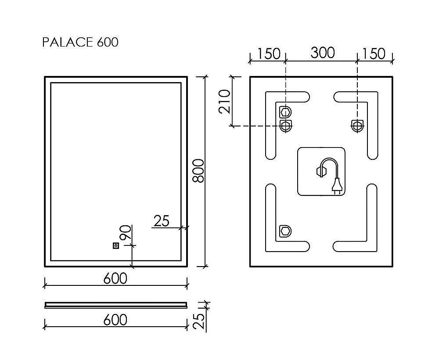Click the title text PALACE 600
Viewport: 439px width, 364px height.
[x=80, y=42]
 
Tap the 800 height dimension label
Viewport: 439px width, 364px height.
[x=199, y=171]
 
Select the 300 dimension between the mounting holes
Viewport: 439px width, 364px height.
[x=323, y=53]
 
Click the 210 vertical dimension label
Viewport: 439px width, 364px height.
[x=225, y=101]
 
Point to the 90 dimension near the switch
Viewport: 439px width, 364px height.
[x=125, y=232]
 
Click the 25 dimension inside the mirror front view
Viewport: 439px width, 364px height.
[x=162, y=221]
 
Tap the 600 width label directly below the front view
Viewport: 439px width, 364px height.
[x=115, y=278]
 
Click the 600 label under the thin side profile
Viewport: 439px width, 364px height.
[x=115, y=320]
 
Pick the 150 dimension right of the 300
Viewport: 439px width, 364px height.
[x=374, y=54]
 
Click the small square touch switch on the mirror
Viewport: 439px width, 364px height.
[x=116, y=246]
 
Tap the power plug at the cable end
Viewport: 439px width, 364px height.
[x=337, y=187]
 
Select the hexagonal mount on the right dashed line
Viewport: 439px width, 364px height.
[x=357, y=126]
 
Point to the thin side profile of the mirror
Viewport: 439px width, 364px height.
[x=116, y=304]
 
